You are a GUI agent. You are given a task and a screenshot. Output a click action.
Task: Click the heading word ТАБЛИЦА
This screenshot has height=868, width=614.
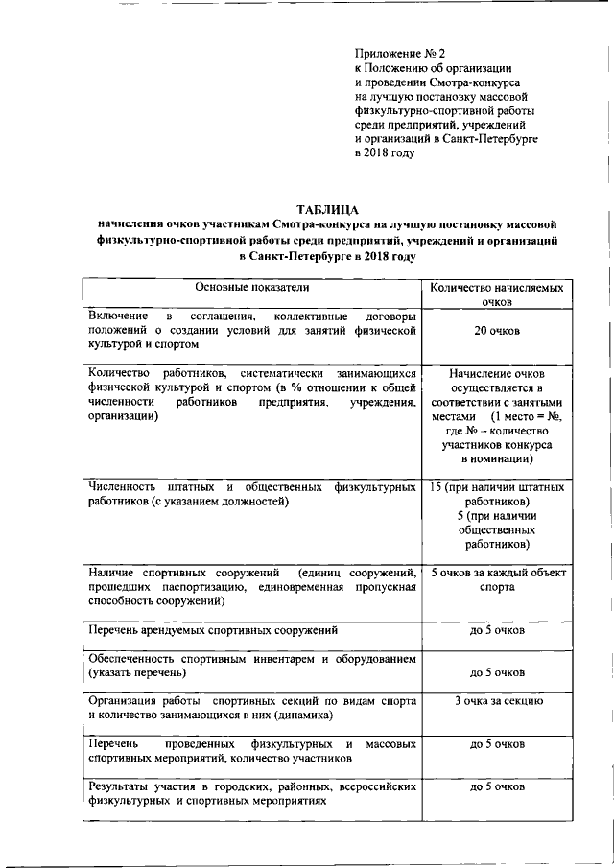(327, 209)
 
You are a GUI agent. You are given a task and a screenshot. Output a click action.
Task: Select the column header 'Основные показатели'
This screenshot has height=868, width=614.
(252, 287)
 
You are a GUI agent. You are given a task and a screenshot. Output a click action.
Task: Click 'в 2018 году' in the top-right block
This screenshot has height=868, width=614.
(385, 152)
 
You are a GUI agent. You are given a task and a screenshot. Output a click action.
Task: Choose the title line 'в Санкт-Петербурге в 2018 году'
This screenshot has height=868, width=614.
(327, 257)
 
